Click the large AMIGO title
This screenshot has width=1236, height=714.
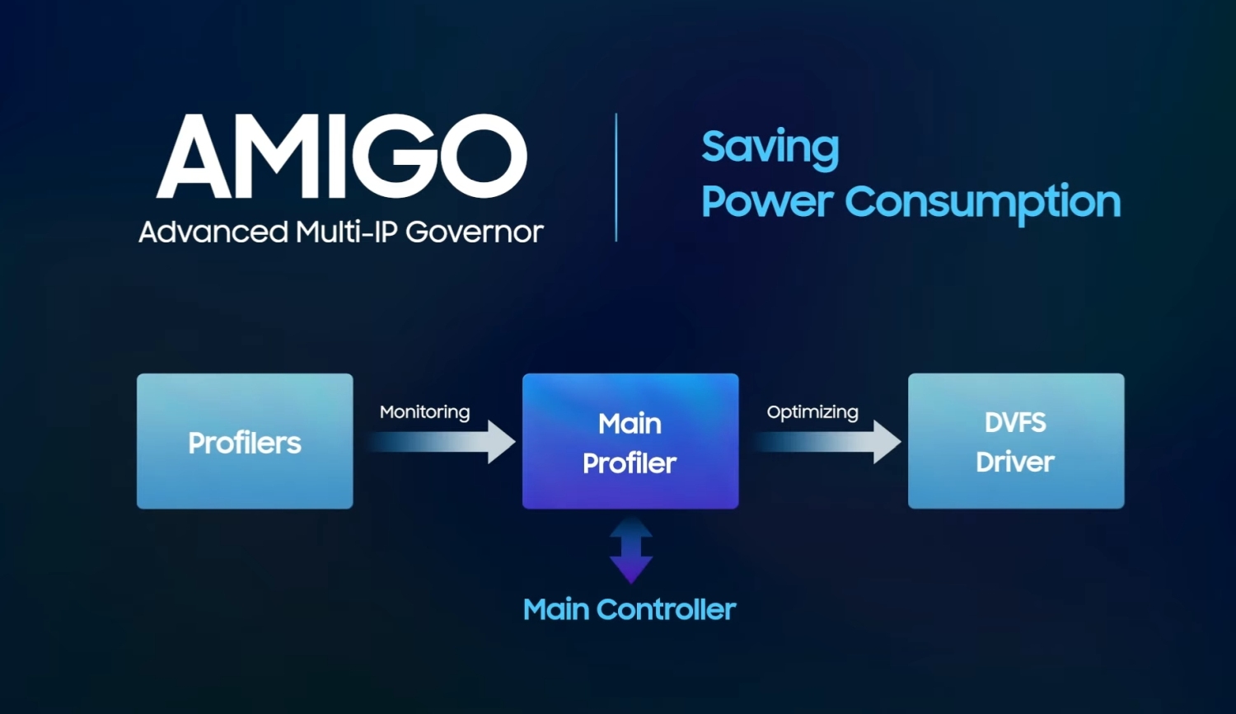342,157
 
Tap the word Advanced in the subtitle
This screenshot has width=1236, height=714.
213,232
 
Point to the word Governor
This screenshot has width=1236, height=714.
475,232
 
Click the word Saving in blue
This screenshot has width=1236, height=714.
770,148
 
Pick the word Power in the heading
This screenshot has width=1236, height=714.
767,201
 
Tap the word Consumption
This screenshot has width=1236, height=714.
983,202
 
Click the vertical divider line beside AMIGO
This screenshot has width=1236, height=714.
616,177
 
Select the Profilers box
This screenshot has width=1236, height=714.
245,441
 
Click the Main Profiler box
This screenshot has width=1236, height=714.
630,441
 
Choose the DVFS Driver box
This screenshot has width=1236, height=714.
1016,441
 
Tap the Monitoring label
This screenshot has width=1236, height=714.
425,412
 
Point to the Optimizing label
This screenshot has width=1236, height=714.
812,412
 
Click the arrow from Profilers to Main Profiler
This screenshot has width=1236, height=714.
442,442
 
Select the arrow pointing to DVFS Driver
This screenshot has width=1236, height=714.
826,442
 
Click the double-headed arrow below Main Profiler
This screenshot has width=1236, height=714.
631,550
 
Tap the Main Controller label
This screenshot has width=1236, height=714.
630,609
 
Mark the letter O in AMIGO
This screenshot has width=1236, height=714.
484,157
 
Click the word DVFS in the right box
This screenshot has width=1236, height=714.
1015,424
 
